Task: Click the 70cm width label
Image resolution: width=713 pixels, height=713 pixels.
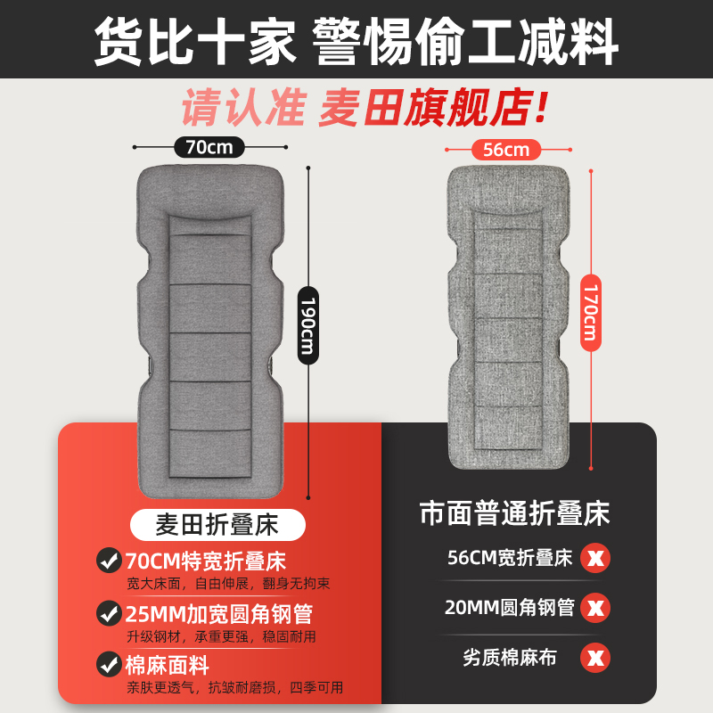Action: click(209, 146)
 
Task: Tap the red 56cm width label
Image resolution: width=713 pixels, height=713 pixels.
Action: click(505, 149)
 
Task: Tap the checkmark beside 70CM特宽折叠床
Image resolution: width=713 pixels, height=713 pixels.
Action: click(109, 561)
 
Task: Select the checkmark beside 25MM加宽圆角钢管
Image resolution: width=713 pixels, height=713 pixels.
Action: click(109, 613)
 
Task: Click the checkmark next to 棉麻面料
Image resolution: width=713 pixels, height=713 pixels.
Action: click(109, 664)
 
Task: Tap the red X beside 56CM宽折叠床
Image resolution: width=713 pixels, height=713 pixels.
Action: click(594, 560)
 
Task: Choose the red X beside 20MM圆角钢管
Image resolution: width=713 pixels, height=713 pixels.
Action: click(594, 609)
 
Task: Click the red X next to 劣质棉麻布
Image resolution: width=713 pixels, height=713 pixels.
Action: click(594, 660)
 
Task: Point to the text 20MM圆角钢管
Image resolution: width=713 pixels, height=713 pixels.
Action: click(509, 609)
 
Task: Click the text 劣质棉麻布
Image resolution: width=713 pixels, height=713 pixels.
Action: click(509, 659)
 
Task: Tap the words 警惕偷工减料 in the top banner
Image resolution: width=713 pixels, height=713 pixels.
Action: click(464, 39)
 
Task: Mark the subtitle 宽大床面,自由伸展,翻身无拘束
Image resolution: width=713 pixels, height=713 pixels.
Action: click(227, 585)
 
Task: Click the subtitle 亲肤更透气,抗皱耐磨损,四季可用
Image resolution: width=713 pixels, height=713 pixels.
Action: click(234, 687)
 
